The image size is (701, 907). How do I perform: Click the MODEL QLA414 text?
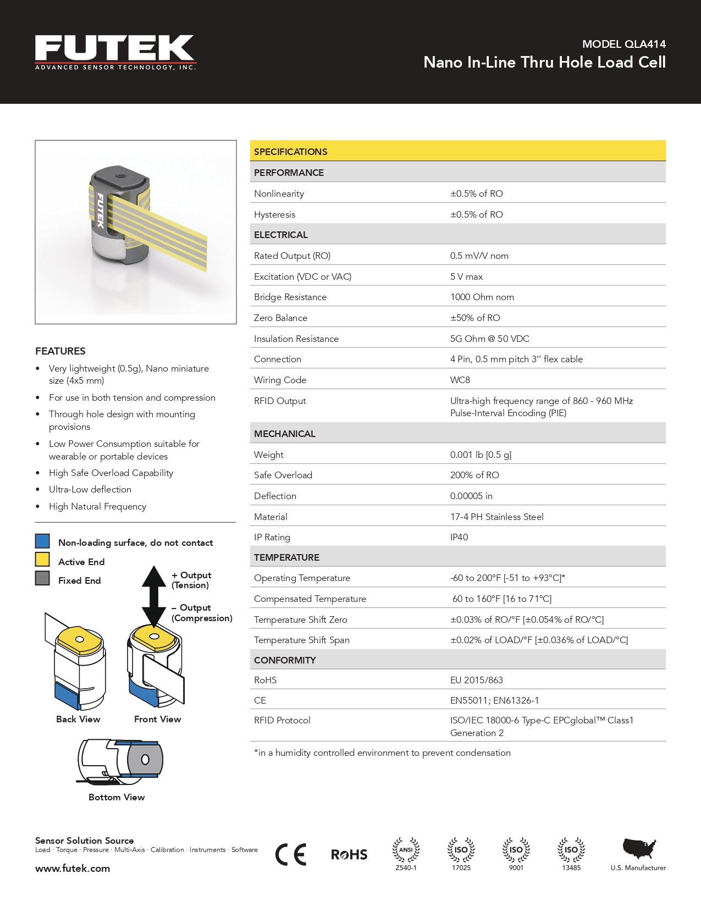623,44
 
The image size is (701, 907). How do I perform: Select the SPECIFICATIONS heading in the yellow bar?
290,152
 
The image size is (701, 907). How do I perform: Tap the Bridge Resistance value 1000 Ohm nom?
482,297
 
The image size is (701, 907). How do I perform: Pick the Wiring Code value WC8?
460,380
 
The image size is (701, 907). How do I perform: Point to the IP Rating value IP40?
459,537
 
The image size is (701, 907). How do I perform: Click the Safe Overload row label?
283,475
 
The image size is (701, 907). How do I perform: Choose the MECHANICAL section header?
284,434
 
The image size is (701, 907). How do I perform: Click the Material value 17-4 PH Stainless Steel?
496,517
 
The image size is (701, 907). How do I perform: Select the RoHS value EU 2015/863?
476,680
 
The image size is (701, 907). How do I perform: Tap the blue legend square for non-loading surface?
42,541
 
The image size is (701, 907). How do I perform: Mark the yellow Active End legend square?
42,560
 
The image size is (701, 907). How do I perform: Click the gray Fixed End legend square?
42,578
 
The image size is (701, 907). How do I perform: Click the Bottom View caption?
117,797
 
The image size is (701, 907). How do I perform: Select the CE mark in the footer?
290,854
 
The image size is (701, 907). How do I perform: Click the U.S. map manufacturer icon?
639,849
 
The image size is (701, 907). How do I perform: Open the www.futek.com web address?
73,869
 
